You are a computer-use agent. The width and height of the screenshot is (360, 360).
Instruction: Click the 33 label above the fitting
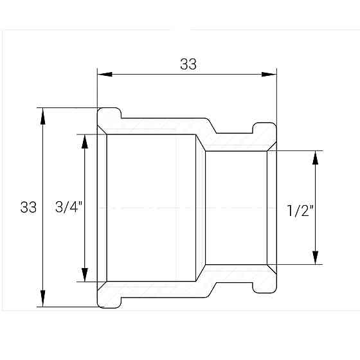[188, 64]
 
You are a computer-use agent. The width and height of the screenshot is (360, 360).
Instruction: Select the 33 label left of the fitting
[28, 208]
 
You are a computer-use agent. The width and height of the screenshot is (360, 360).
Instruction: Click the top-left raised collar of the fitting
[109, 116]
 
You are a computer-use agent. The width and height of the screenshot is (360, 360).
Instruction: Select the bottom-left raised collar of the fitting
[109, 300]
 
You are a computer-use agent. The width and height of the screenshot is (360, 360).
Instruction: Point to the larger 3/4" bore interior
[151, 208]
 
